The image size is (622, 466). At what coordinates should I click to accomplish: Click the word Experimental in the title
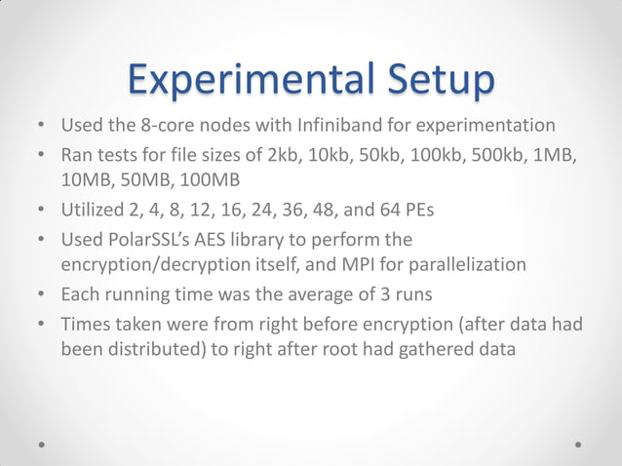(248, 80)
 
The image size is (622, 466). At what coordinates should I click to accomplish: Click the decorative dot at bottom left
(43, 444)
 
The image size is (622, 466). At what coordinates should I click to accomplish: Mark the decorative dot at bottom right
(578, 444)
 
